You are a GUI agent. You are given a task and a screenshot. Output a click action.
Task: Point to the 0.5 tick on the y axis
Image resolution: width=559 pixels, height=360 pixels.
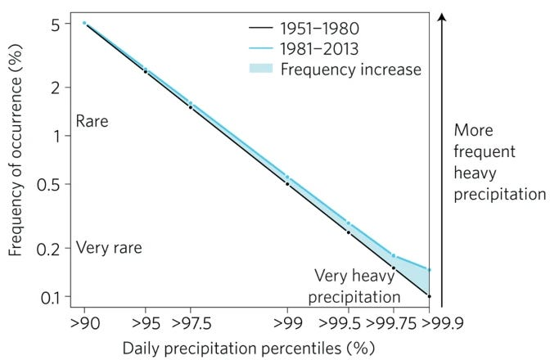pos(50,184)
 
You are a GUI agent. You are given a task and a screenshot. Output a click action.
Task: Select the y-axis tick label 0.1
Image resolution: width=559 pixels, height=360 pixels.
pos(51,296)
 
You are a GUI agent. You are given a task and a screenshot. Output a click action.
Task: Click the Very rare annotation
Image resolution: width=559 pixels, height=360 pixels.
pos(108,248)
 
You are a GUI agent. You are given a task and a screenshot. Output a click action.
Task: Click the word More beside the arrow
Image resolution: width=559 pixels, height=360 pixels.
pos(476,131)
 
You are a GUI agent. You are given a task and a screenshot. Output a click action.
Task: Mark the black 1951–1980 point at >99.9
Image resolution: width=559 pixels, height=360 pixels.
pos(429,295)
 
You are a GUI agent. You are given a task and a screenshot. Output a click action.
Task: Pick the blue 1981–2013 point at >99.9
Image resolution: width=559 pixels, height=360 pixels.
pos(429,270)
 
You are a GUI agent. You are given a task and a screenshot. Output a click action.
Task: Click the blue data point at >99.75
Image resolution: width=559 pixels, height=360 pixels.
pos(394,256)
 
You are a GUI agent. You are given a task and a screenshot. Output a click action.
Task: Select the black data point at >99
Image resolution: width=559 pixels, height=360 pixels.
pos(287,183)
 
